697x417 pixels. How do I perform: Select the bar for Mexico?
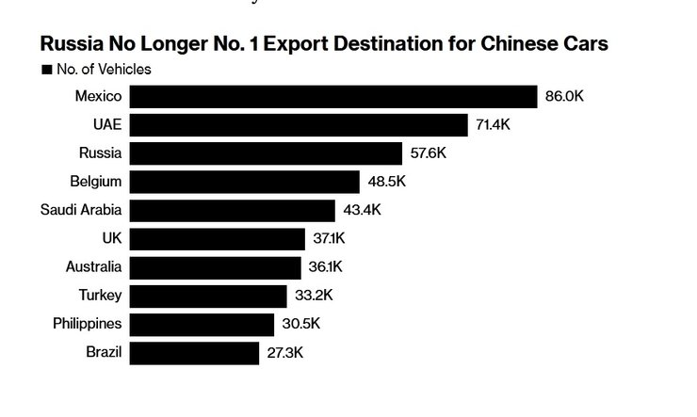pyautogui.click(x=332, y=97)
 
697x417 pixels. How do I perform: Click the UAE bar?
pyautogui.click(x=299, y=125)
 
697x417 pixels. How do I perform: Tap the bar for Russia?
pyautogui.click(x=266, y=153)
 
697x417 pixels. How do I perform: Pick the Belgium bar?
pyautogui.click(x=244, y=182)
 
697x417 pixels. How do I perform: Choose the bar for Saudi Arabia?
pyautogui.click(x=232, y=210)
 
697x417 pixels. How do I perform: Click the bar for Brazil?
pyautogui.click(x=194, y=353)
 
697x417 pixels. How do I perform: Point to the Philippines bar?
pyautogui.click(x=202, y=324)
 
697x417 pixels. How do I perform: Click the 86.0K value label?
pyautogui.click(x=565, y=97)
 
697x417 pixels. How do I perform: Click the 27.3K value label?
pyautogui.click(x=285, y=353)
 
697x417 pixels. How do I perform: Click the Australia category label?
pyautogui.click(x=93, y=267)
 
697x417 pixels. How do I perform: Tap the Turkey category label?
pyautogui.click(x=101, y=296)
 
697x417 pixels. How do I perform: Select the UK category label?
pyautogui.click(x=111, y=239)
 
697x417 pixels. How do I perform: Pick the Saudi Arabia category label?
pyautogui.click(x=81, y=210)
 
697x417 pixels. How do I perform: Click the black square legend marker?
pyautogui.click(x=45, y=70)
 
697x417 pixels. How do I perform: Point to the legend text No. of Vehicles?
pyautogui.click(x=104, y=70)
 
